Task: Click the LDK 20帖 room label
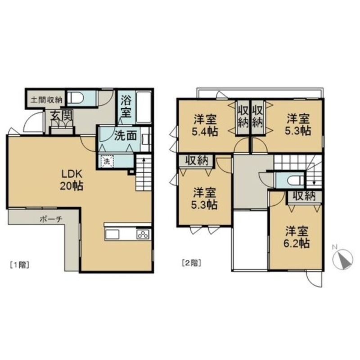click(72, 180)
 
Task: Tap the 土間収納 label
click(46, 100)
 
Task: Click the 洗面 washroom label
click(126, 136)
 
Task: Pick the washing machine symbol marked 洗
click(107, 161)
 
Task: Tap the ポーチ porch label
click(51, 220)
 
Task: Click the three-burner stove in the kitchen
click(143, 234)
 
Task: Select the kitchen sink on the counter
click(112, 234)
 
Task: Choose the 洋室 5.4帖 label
click(205, 125)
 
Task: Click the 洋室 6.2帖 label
click(297, 237)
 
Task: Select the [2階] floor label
click(192, 263)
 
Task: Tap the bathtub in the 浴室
click(144, 107)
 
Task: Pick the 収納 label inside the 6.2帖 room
click(304, 196)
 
